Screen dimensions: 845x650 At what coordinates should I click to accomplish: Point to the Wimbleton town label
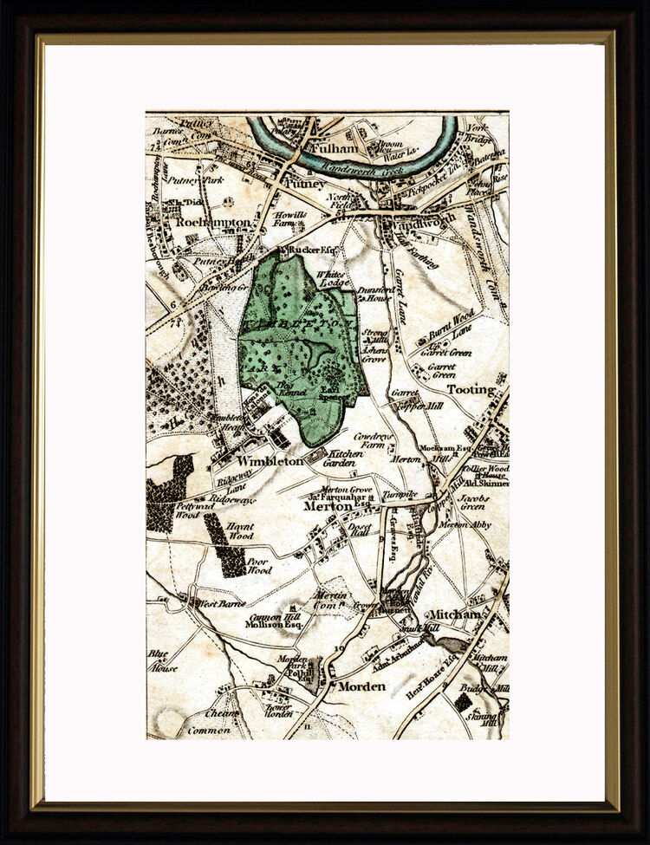click(x=270, y=461)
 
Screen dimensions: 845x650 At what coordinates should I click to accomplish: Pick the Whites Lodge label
click(x=334, y=276)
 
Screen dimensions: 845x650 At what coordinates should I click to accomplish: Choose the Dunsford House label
click(x=375, y=295)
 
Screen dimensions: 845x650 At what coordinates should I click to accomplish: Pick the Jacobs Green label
click(x=473, y=503)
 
